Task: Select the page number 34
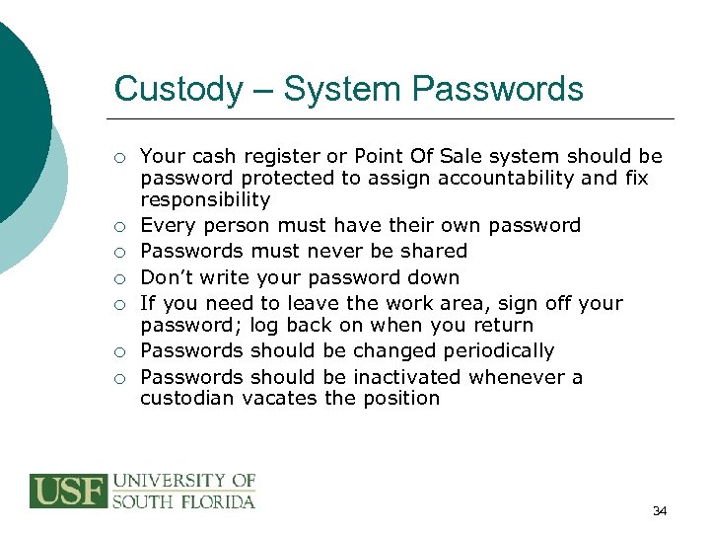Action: (660, 510)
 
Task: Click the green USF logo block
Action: (68, 492)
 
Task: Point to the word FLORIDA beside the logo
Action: (218, 500)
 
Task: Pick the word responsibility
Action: (205, 199)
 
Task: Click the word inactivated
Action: (407, 376)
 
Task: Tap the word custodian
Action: (186, 398)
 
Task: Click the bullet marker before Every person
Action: (118, 226)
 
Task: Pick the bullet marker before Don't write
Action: (118, 278)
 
